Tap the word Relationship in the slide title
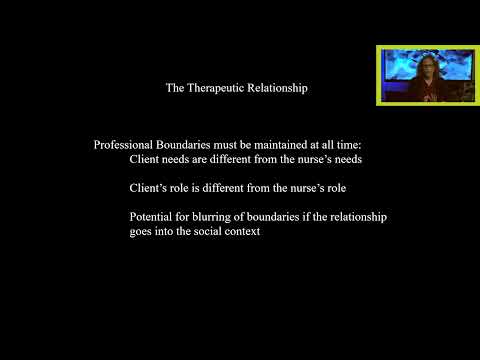pyautogui.click(x=277, y=88)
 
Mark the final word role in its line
pyautogui.click(x=349, y=188)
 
